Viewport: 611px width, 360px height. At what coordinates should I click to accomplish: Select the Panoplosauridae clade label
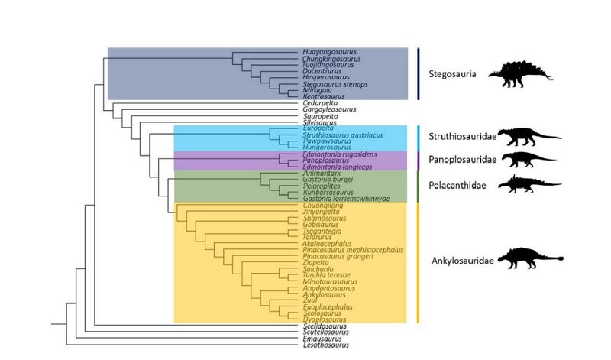point(461,160)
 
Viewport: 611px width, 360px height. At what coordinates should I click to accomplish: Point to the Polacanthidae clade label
point(458,184)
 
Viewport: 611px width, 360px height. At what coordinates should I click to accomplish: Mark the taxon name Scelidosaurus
point(315,326)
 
